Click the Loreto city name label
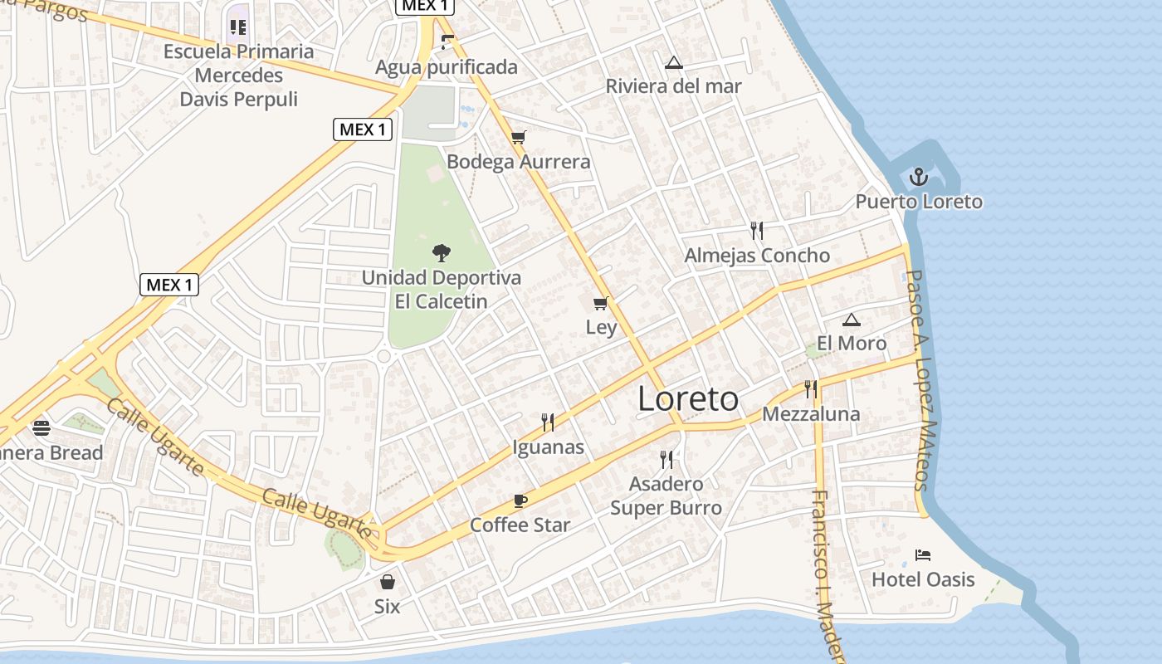pyautogui.click(x=688, y=399)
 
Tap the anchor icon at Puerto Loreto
pyautogui.click(x=918, y=177)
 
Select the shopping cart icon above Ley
pyautogui.click(x=601, y=304)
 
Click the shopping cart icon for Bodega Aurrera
pyautogui.click(x=519, y=138)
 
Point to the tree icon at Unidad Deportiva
pyautogui.click(x=442, y=252)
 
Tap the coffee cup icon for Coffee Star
pyautogui.click(x=520, y=500)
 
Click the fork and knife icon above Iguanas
pyautogui.click(x=548, y=422)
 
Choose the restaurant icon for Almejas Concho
pyautogui.click(x=756, y=230)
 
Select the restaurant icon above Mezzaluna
pyautogui.click(x=811, y=388)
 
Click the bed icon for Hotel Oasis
pyautogui.click(x=922, y=554)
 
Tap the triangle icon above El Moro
pyautogui.click(x=851, y=320)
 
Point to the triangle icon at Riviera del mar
pyautogui.click(x=673, y=62)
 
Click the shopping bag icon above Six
pyautogui.click(x=387, y=582)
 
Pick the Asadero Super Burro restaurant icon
pyautogui.click(x=666, y=459)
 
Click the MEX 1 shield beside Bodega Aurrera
pyautogui.click(x=363, y=129)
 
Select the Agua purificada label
pyautogui.click(x=447, y=67)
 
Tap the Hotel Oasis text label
pyautogui.click(x=923, y=579)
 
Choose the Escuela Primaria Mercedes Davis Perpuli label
pyautogui.click(x=239, y=76)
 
